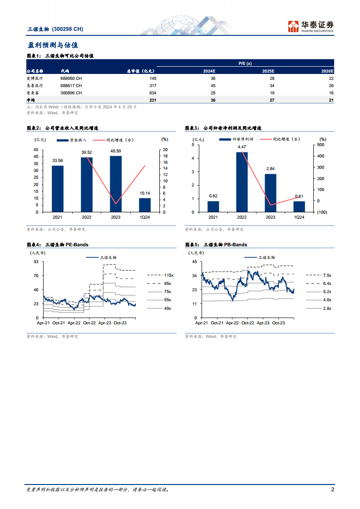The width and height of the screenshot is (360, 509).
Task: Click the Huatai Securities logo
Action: click(311, 26)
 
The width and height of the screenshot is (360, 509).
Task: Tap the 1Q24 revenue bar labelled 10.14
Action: click(145, 205)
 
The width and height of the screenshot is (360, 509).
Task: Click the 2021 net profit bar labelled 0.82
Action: click(213, 206)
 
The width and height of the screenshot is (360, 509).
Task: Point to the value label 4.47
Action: click(242, 147)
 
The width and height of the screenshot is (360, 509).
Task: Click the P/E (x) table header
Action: click(245, 64)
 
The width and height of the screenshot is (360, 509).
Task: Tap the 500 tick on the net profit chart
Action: click(322, 145)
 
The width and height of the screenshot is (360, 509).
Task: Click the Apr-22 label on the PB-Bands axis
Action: click(232, 323)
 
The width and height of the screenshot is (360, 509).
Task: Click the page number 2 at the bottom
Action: click(332, 489)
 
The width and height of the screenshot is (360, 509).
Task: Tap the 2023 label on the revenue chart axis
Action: click(116, 217)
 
